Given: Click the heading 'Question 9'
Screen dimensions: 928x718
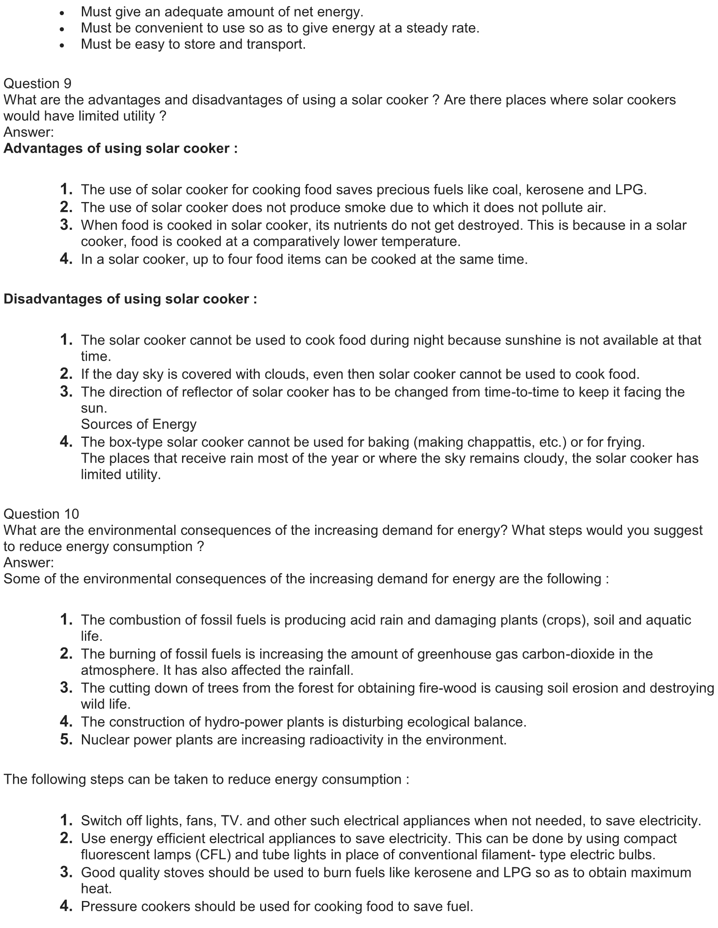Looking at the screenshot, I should [38, 84].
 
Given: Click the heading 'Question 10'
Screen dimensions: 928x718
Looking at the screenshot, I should [41, 514].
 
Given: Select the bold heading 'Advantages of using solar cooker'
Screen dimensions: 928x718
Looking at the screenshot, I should [120, 148].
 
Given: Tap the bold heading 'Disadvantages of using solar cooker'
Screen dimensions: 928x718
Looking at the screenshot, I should [130, 299].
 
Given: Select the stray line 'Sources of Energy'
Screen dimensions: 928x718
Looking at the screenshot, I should [139, 424].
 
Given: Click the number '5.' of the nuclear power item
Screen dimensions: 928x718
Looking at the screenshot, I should [66, 740].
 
